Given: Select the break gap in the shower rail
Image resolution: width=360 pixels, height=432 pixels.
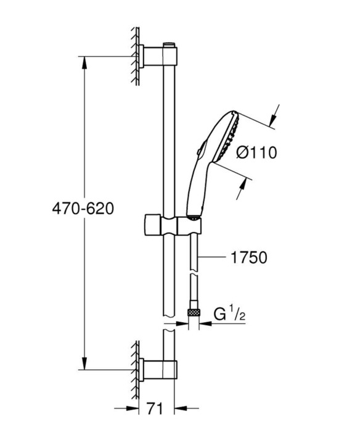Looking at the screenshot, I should coord(170,325).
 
